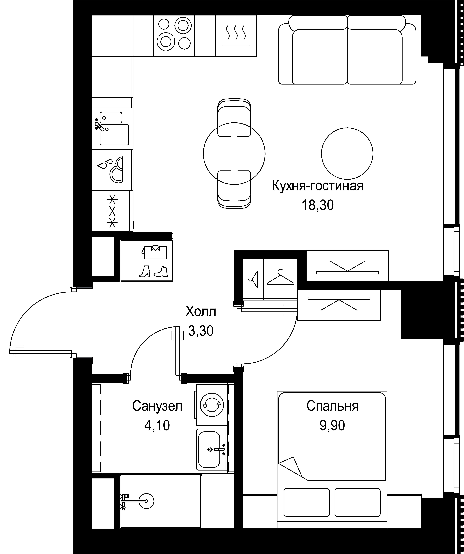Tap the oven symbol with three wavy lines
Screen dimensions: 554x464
click(236, 36)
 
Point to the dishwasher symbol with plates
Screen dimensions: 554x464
click(112, 170)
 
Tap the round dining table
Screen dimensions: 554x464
click(234, 154)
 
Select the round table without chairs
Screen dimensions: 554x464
click(347, 154)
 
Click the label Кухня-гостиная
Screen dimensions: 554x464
click(317, 186)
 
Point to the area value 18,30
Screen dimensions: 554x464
click(317, 205)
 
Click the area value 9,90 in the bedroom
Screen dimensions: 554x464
click(332, 426)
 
